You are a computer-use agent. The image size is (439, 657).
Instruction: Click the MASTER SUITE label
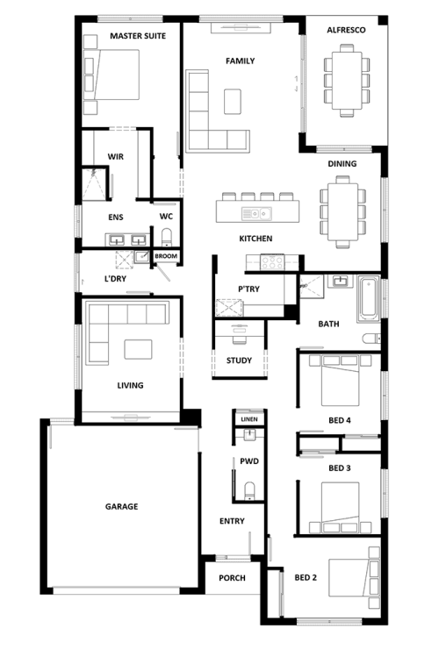[x=138, y=36]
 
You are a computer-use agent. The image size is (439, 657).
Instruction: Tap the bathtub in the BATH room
[x=369, y=299]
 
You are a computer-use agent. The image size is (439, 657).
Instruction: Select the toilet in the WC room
[x=167, y=237]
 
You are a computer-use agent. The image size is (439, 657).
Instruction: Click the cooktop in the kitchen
[x=272, y=262]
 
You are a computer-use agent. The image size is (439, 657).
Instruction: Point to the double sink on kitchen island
[x=256, y=214]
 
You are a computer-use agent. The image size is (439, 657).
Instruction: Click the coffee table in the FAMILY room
[x=233, y=102]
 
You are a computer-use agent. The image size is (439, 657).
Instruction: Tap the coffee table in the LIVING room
[x=138, y=349]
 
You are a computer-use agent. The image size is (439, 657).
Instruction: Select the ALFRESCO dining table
[x=347, y=81]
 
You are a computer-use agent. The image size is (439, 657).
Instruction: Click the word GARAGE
[x=121, y=507]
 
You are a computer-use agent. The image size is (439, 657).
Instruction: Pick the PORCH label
[x=232, y=578]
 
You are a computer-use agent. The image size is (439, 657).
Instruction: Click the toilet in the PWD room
[x=249, y=490]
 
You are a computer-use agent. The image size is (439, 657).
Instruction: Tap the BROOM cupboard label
[x=166, y=256]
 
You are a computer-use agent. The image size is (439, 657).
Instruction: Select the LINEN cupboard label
[x=249, y=419]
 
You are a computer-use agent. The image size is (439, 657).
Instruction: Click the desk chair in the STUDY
[x=239, y=338]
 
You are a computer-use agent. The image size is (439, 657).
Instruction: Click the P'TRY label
[x=248, y=289]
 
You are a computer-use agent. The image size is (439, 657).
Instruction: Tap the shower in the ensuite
[x=93, y=184]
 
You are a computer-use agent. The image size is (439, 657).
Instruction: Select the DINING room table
[x=342, y=211]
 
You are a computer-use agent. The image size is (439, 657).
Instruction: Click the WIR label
[x=115, y=157]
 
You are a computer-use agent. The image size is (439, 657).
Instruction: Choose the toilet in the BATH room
[x=372, y=338]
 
